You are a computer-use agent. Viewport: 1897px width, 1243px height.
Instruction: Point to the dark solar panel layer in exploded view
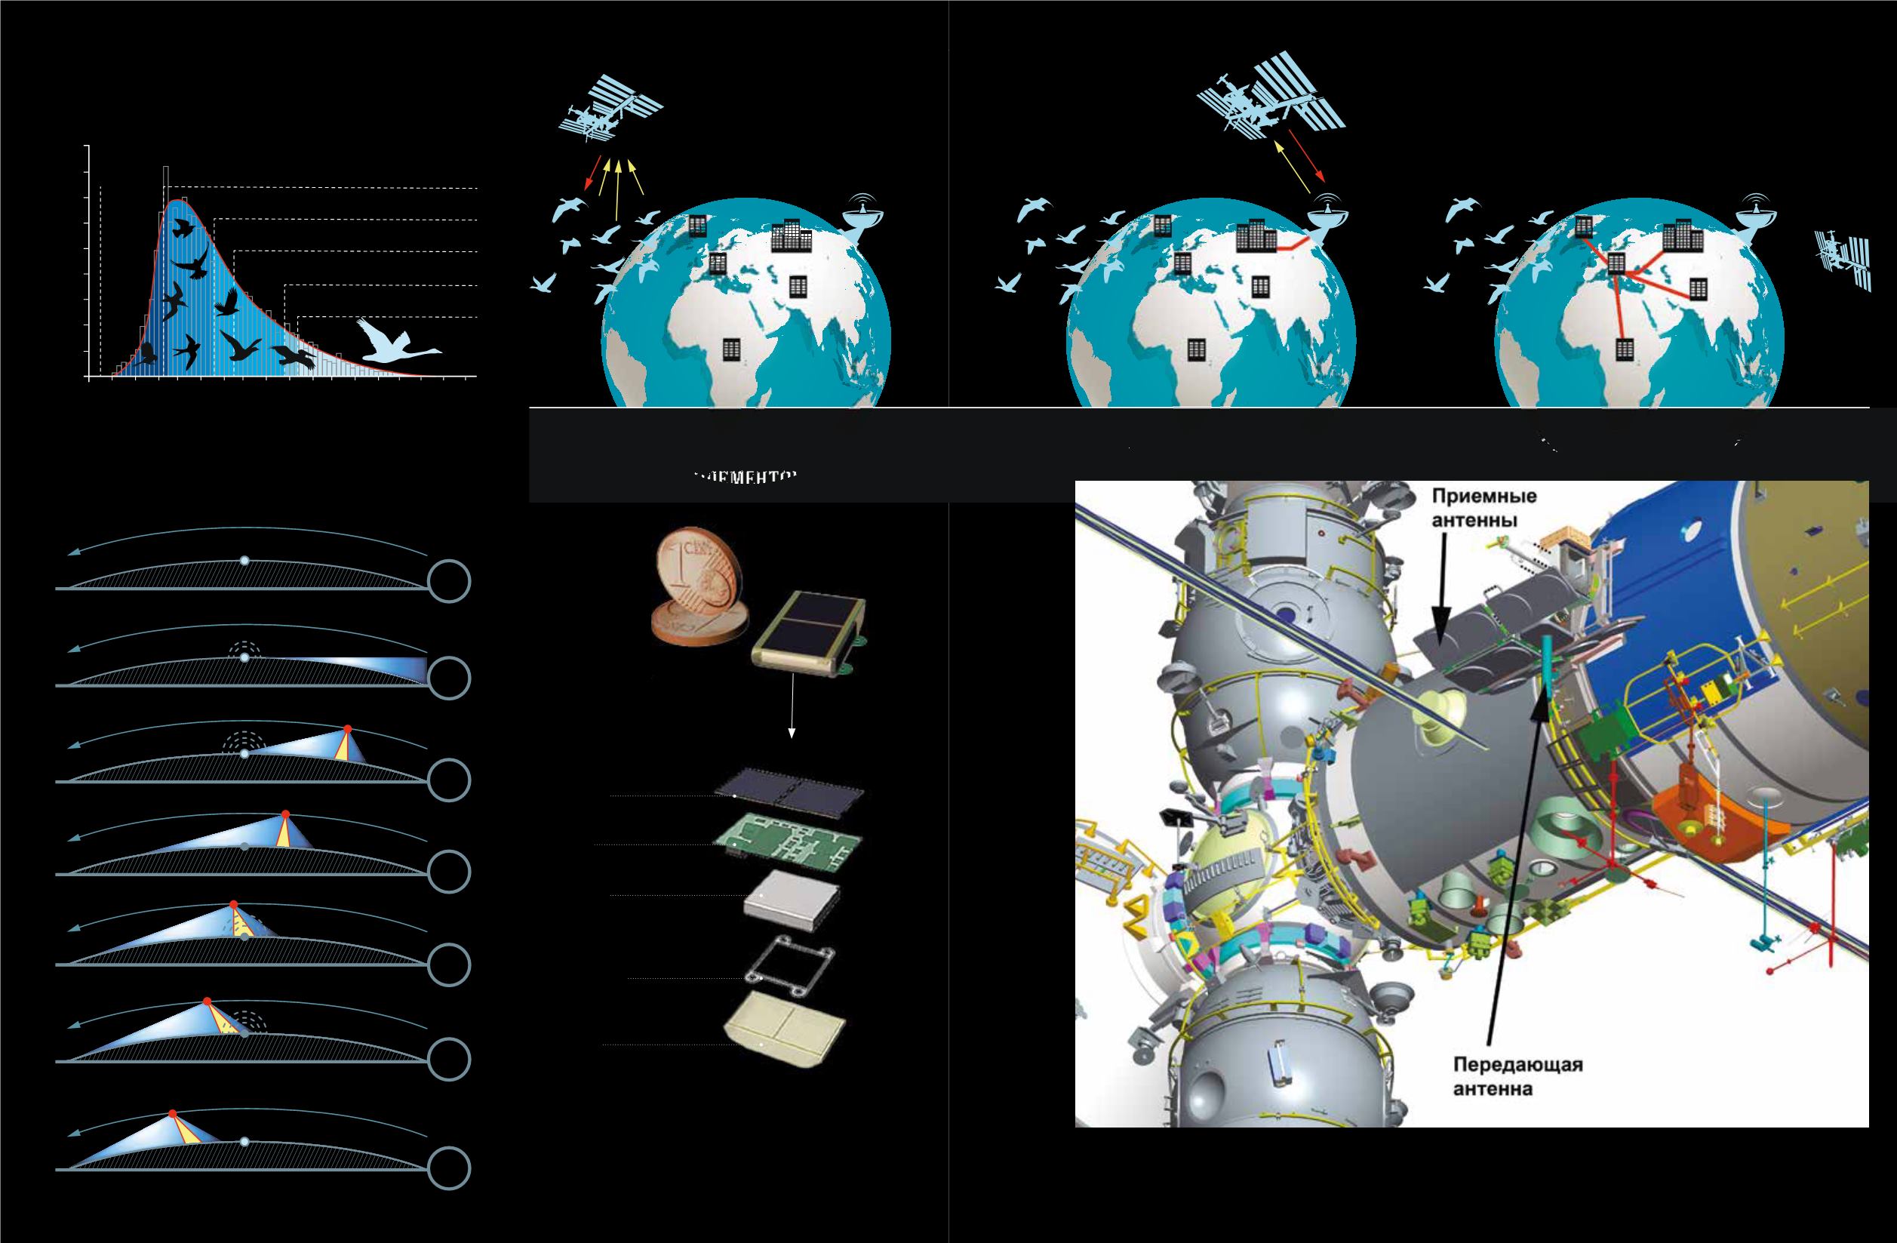tap(790, 792)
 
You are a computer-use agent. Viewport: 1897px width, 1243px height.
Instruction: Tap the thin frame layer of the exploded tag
tap(789, 967)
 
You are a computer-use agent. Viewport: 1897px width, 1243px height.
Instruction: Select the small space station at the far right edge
tap(1842, 260)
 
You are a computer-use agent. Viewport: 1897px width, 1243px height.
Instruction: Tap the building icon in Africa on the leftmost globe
tap(731, 349)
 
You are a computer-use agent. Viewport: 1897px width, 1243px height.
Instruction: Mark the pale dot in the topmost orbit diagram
tap(244, 562)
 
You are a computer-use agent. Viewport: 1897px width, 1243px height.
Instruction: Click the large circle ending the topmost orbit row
tap(450, 582)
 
